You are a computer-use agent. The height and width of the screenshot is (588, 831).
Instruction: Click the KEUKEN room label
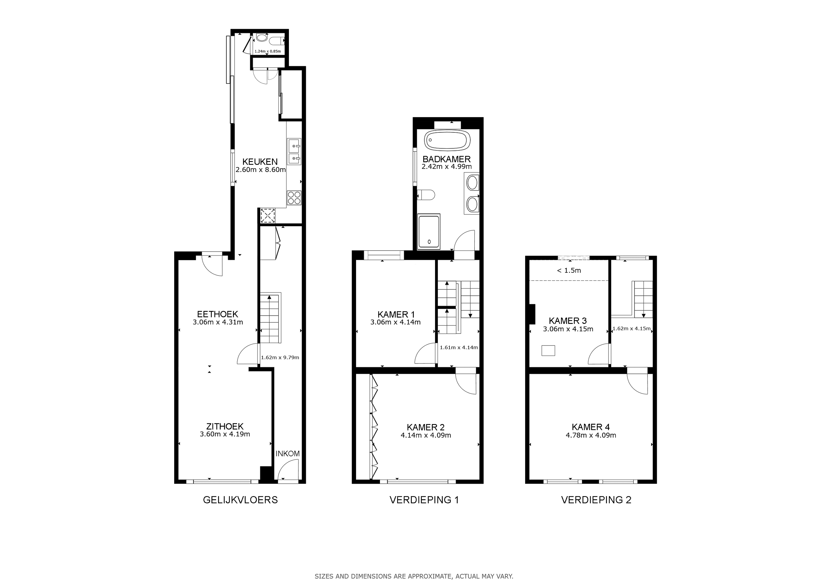coord(260,162)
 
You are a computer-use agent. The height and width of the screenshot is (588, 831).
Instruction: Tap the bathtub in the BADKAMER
coord(447,140)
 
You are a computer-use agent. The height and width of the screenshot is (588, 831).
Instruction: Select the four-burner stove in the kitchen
coord(294,198)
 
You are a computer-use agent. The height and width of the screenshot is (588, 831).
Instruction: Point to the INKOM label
coord(288,454)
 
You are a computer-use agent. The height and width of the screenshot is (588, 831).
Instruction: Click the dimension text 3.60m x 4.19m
coord(225,434)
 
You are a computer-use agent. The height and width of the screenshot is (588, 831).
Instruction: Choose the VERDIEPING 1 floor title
coord(424,500)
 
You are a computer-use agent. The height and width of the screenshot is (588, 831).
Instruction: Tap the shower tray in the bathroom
coord(429,232)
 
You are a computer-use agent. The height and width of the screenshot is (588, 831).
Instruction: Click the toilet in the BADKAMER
coord(426,195)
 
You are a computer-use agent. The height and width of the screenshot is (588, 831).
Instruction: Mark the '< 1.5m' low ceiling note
coord(569,270)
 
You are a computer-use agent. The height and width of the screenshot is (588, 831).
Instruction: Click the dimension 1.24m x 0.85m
coord(268,52)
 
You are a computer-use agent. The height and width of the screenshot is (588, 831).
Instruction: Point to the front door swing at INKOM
coord(288,470)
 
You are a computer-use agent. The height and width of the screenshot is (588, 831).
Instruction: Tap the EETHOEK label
coord(217,314)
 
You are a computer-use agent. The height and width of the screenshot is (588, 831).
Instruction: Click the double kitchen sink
coord(294,152)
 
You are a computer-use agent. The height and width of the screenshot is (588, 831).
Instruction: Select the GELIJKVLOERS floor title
coord(240,500)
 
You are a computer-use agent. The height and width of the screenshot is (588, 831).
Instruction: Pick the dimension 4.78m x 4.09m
coord(591,436)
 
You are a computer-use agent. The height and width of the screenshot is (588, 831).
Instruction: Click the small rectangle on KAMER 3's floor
coord(548,351)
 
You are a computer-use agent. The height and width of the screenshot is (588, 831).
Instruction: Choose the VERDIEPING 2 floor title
coord(596,500)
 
